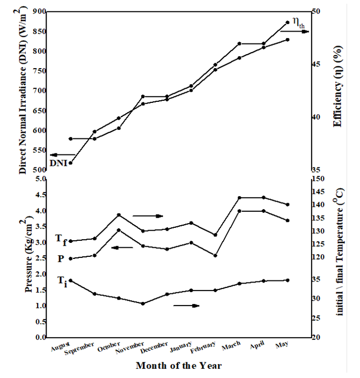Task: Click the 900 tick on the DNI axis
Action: tap(38, 11)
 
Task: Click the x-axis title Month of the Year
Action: tap(178, 366)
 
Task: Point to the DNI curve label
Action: tap(58, 163)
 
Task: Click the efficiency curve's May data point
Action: tap(288, 23)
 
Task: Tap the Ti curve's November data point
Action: tap(143, 303)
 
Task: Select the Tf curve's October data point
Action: tap(119, 215)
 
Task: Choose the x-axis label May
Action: tap(280, 346)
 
